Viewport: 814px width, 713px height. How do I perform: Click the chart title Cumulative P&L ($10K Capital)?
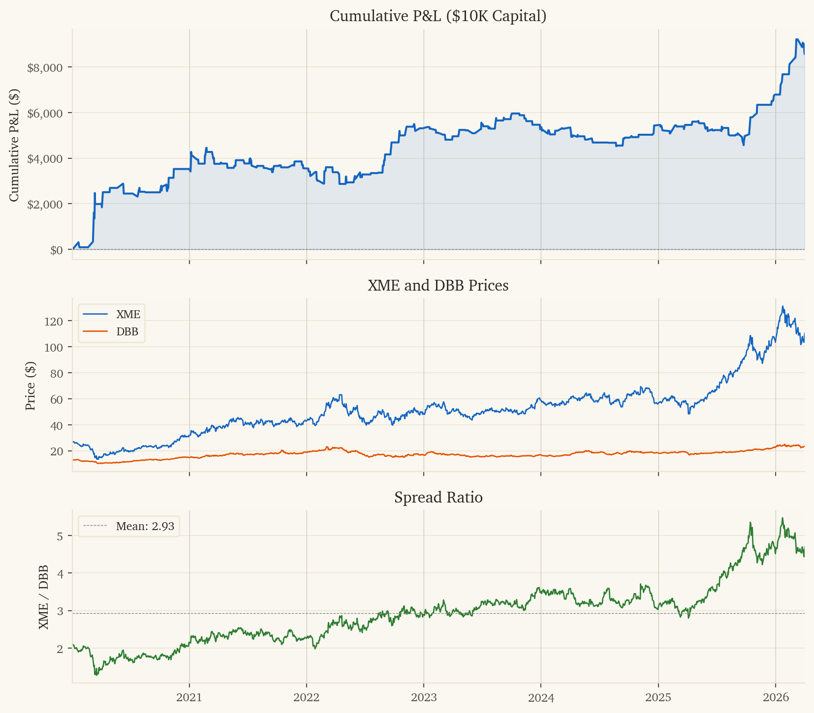[x=438, y=16]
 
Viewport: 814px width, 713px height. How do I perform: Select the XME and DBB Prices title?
[x=438, y=285]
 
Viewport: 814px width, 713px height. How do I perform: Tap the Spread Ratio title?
[x=438, y=498]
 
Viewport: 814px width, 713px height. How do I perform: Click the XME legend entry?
[x=128, y=315]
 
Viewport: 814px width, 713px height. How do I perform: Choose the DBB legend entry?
[x=127, y=332]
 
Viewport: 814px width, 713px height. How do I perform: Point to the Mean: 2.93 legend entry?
[x=145, y=526]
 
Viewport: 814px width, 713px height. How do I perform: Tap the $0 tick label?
[x=56, y=250]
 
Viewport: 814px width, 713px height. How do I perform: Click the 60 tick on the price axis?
[x=57, y=399]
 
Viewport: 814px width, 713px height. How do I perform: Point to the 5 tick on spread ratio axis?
[x=60, y=535]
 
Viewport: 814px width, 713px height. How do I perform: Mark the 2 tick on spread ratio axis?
[x=60, y=649]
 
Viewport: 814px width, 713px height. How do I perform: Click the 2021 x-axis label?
[x=189, y=697]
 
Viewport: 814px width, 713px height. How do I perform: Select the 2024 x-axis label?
[x=541, y=697]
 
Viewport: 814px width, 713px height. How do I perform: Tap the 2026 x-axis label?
[x=776, y=697]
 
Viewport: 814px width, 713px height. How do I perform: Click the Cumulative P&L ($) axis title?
[x=15, y=145]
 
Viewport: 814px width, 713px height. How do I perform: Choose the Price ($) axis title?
[x=31, y=386]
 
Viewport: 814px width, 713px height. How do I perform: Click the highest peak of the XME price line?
[x=783, y=306]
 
